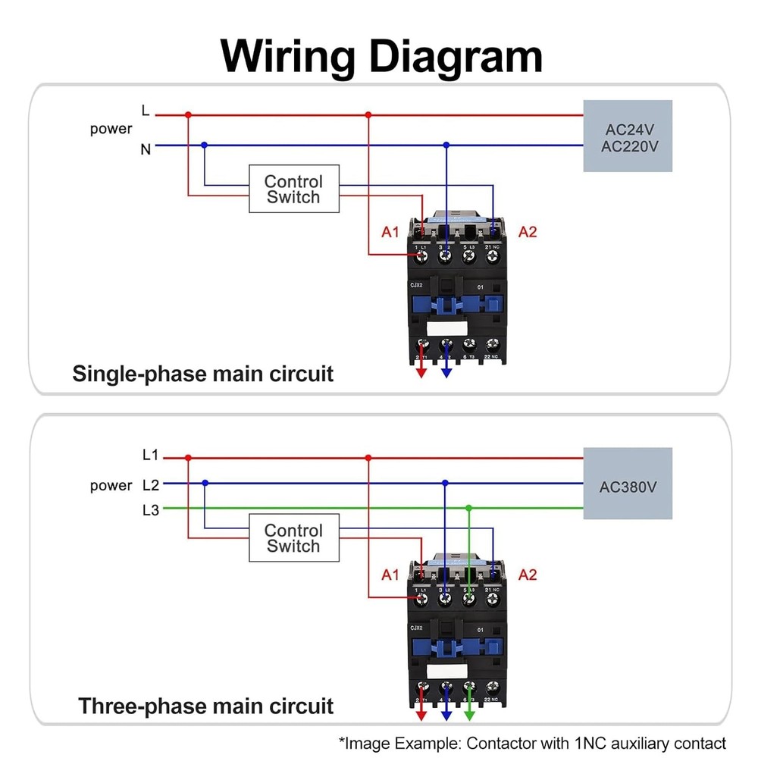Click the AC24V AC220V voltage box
pos(628,136)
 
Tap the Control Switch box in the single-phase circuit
pos(293,189)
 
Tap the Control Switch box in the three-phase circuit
pos(293,538)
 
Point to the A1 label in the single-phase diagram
pos(390,232)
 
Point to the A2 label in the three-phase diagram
pos(527,575)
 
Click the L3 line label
pos(150,510)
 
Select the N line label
pos(146,149)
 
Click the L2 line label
pos(150,484)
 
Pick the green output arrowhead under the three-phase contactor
pos(469,715)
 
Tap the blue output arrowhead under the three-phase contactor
pos(446,715)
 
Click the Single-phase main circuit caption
pos(202,374)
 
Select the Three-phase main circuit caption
pos(205,706)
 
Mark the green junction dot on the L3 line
pos(469,507)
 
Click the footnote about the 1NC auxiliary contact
pos(532,743)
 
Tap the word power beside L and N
pos(111,129)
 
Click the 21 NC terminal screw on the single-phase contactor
pos(493,258)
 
